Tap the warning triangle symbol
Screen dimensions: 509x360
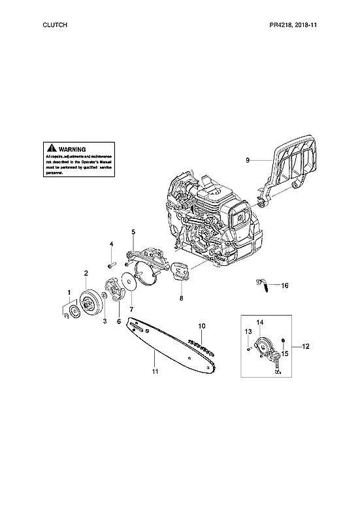click(x=51, y=148)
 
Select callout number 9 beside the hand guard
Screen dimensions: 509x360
click(x=248, y=159)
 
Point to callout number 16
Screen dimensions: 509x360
click(x=284, y=286)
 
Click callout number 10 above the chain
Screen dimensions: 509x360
click(x=202, y=325)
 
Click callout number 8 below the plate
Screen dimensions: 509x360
click(x=181, y=299)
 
